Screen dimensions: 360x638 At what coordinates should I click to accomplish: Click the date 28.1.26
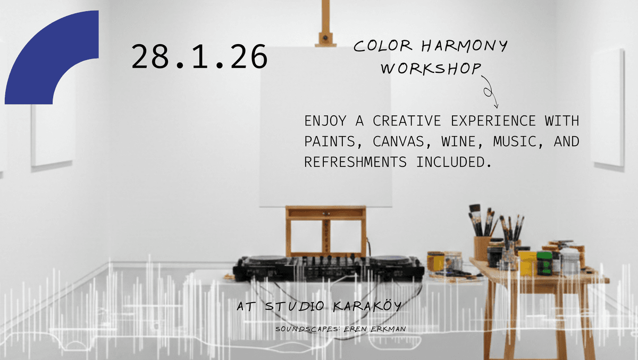[199, 57]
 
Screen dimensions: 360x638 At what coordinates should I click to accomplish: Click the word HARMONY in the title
[464, 47]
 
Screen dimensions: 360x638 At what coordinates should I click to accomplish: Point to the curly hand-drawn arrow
[490, 91]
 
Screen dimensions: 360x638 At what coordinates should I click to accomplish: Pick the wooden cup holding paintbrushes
[483, 248]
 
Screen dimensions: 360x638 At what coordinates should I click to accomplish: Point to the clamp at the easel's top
[325, 39]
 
